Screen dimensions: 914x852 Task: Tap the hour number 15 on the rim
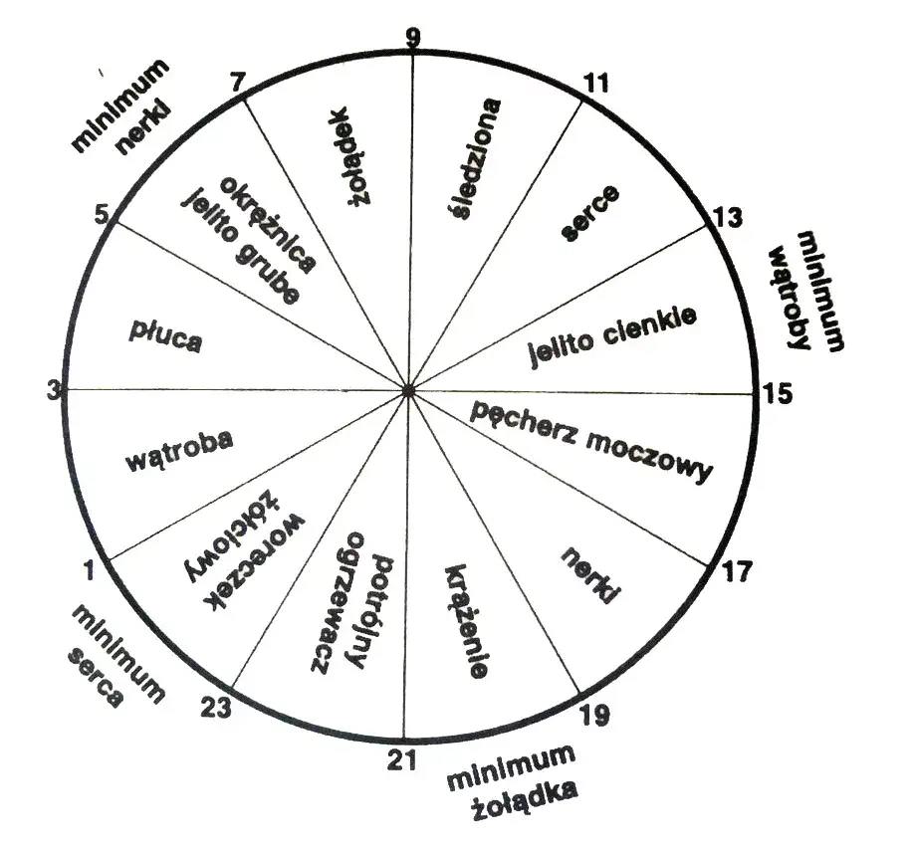pyautogui.click(x=778, y=394)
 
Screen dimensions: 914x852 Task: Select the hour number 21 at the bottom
pyautogui.click(x=402, y=759)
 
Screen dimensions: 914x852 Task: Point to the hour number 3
pyautogui.click(x=54, y=390)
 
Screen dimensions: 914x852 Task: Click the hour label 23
pyautogui.click(x=216, y=708)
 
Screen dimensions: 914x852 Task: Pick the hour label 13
pyautogui.click(x=728, y=217)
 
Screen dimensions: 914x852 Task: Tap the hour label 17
pyautogui.click(x=738, y=571)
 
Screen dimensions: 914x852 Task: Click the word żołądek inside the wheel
pyautogui.click(x=348, y=156)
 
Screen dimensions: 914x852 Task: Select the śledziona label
pyautogui.click(x=476, y=159)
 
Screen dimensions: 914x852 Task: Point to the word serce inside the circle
pyautogui.click(x=589, y=213)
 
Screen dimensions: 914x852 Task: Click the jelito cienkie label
pyautogui.click(x=612, y=335)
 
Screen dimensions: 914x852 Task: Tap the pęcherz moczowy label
pyautogui.click(x=591, y=442)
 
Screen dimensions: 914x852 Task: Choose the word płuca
pyautogui.click(x=165, y=337)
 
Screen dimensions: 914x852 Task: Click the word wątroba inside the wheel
pyautogui.click(x=179, y=450)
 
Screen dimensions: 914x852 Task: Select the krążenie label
pyautogui.click(x=466, y=621)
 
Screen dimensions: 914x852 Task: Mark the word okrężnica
pyautogui.click(x=268, y=224)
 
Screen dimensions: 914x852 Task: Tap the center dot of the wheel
pyautogui.click(x=408, y=391)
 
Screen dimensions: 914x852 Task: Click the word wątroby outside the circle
pyautogui.click(x=790, y=298)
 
